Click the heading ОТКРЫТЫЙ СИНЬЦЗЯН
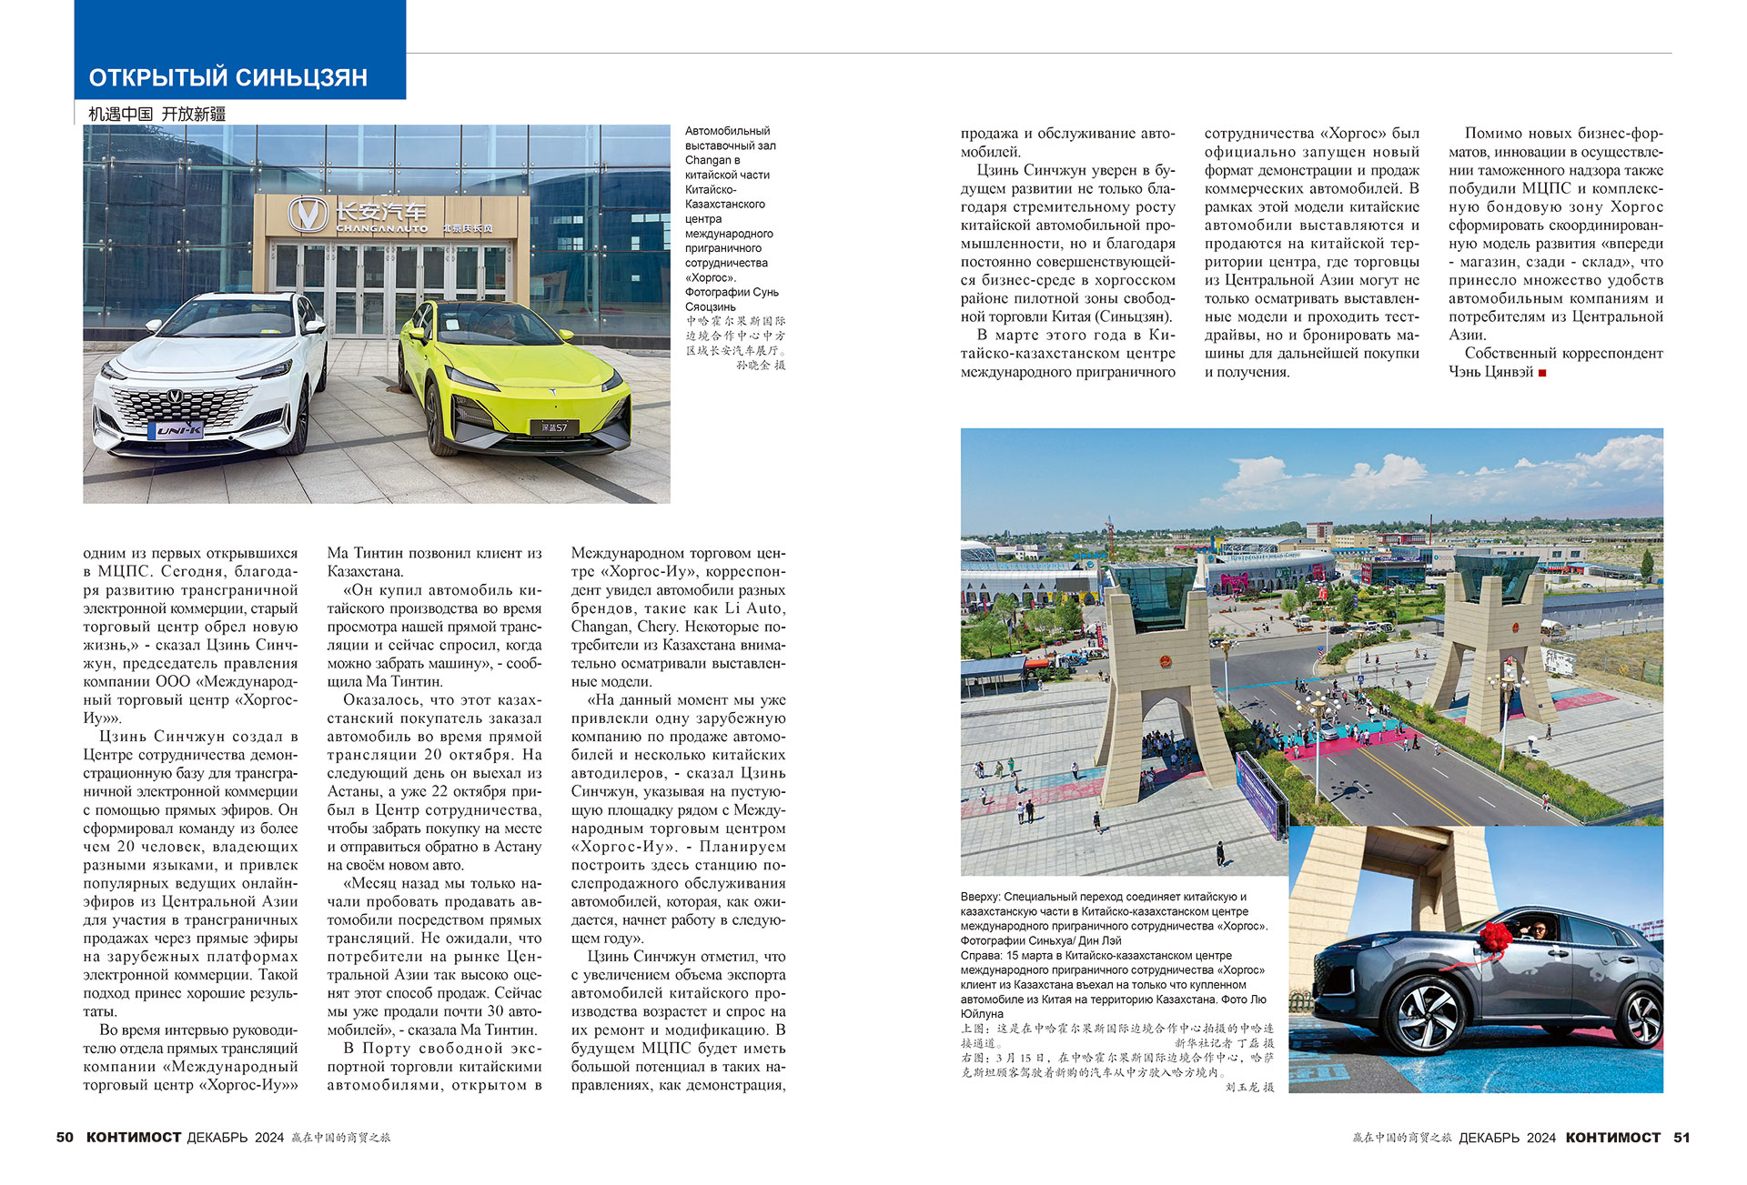pyautogui.click(x=227, y=77)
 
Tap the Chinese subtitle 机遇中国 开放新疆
pyautogui.click(x=157, y=114)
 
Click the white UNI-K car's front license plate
pyautogui.click(x=179, y=430)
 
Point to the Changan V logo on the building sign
pyautogui.click(x=308, y=215)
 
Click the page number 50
pyautogui.click(x=65, y=1138)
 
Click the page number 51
pyautogui.click(x=1681, y=1138)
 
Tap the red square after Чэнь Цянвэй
pyautogui.click(x=1542, y=372)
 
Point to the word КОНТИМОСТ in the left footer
pyautogui.click(x=134, y=1138)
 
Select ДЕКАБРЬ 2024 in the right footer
pyautogui.click(x=1507, y=1138)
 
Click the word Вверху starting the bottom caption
pyautogui.click(x=979, y=897)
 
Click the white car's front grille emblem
pyautogui.click(x=173, y=397)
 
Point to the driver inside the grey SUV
pyautogui.click(x=1539, y=929)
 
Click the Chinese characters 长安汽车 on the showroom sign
pyautogui.click(x=380, y=212)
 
